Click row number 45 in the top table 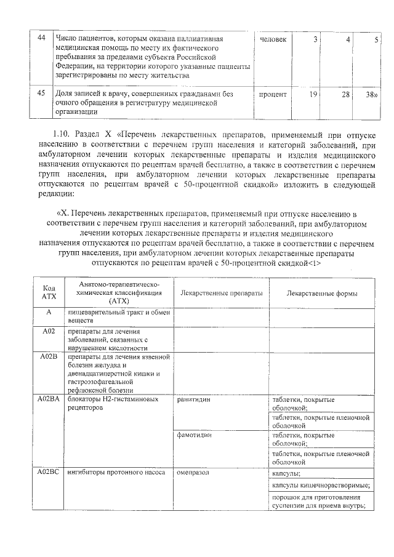pos(42,94)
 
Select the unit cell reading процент pos(272,94)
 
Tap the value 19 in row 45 pos(313,94)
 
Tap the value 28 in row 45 pos(345,94)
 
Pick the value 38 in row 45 pos(371,94)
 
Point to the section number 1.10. pos(63,134)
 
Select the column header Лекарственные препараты pos(221,293)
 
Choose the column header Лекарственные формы pos(322,293)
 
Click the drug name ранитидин pos(194,399)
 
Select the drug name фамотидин pos(195,435)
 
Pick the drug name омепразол pos(193,473)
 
